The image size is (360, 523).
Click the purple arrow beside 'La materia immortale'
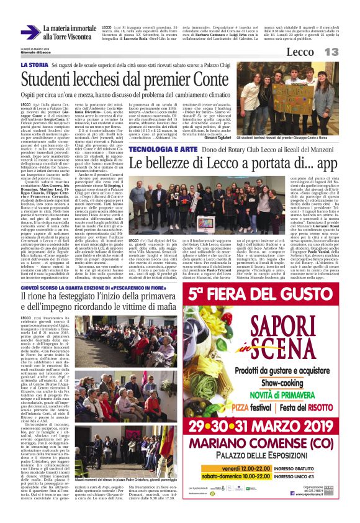[x=30, y=33]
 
